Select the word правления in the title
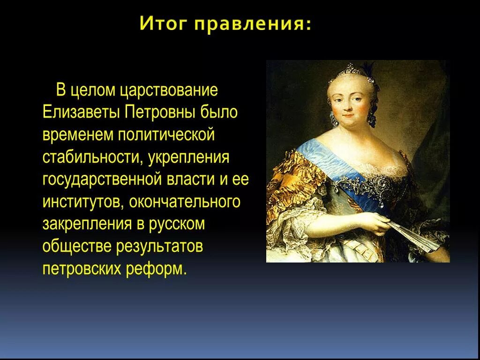[x=253, y=24]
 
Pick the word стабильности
[x=92, y=157]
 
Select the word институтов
[x=82, y=202]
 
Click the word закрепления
[x=87, y=225]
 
